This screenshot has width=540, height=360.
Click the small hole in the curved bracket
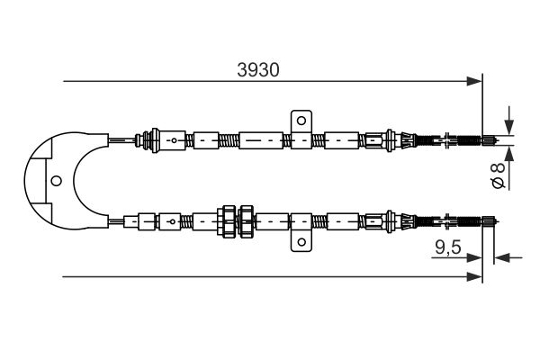55,180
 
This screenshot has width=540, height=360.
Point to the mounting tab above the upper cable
301,121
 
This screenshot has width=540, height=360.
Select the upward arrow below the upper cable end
509,152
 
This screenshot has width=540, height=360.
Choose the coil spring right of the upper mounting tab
317,140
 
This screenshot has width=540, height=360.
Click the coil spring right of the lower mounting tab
317,220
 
